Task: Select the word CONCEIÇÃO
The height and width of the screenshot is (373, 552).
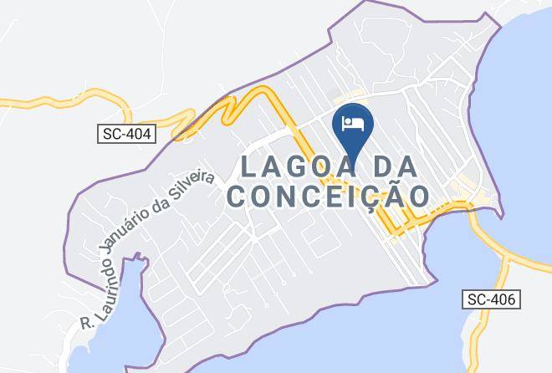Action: (x=329, y=197)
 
